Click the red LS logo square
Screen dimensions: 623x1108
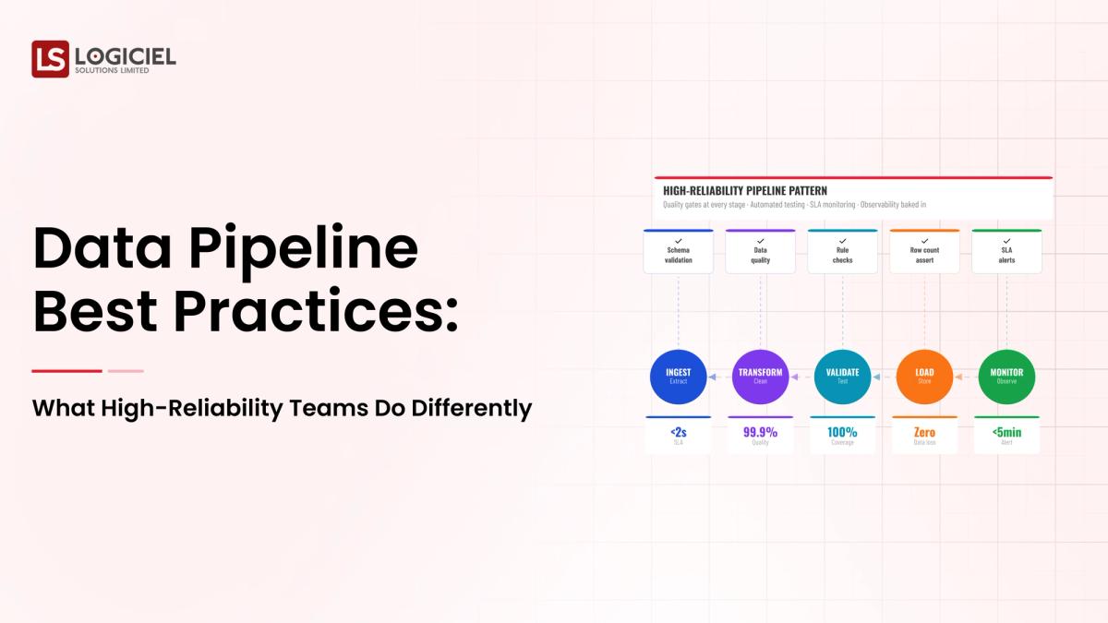(50, 59)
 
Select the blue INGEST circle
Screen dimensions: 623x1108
(679, 377)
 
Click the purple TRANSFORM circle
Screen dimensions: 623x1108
(761, 377)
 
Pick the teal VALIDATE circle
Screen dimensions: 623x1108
(842, 377)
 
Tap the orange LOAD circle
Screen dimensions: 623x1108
(924, 377)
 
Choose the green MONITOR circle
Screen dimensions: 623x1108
(1006, 377)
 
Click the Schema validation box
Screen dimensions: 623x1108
(679, 252)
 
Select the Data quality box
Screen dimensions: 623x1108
(761, 252)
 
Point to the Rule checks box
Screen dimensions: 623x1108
(842, 252)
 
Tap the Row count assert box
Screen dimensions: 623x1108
(924, 252)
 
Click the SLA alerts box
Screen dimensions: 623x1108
(1006, 252)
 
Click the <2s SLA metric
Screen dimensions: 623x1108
(679, 435)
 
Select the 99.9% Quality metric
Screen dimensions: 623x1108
(761, 435)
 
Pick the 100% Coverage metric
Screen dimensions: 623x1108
(842, 435)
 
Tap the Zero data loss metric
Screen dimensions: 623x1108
(924, 435)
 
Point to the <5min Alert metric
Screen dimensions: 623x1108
(1006, 435)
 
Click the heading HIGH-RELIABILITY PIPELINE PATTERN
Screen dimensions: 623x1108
(745, 190)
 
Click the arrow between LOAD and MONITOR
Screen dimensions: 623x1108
(966, 377)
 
